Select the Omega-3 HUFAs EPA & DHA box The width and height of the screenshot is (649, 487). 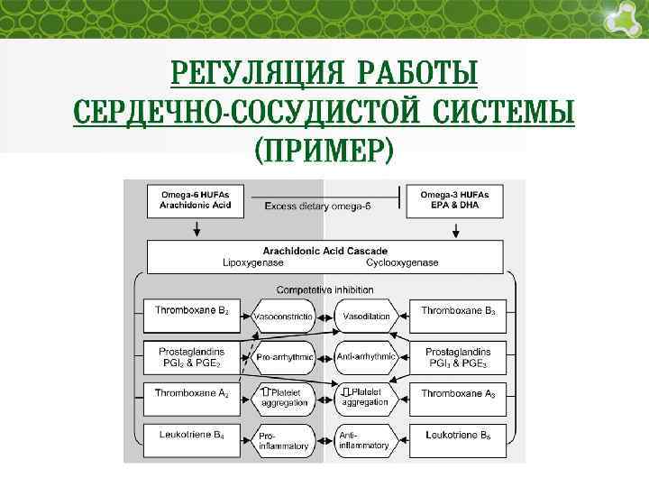coord(455,200)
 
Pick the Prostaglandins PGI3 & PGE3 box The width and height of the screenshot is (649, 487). coord(455,357)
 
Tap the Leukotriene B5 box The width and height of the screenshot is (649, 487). coord(455,439)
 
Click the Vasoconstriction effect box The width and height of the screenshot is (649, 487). coord(285,317)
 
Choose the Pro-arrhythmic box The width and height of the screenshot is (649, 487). coord(285,358)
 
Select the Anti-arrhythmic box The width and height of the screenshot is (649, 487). coord(366,358)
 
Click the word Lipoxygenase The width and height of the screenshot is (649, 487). coord(253,262)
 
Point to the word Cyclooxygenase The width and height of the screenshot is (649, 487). coord(402,262)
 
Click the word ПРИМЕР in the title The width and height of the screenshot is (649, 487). coord(324,150)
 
